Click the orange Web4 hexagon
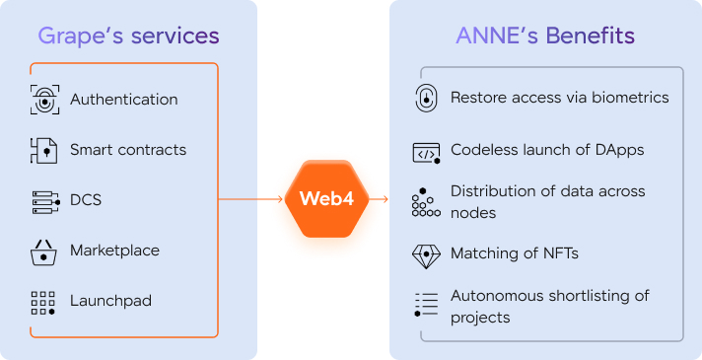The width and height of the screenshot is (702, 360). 326,199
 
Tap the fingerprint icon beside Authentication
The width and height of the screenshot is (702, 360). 44,100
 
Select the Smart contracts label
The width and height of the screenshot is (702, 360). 128,150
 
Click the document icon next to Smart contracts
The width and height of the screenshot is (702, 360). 43,151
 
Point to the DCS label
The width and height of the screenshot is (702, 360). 86,199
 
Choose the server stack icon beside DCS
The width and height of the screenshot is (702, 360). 45,202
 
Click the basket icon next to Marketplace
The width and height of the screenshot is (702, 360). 43,252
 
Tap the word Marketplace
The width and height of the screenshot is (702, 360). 114,251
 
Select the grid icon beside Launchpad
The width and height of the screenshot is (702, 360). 43,303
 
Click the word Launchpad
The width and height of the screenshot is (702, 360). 110,301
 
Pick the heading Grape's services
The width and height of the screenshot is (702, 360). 128,36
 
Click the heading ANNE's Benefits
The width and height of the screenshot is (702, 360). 545,36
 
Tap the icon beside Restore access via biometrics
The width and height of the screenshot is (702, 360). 426,98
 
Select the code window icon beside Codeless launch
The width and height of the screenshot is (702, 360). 426,153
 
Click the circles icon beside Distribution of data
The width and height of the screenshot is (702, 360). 426,202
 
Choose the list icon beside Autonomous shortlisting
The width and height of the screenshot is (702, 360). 426,305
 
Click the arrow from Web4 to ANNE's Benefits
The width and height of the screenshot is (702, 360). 379,199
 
